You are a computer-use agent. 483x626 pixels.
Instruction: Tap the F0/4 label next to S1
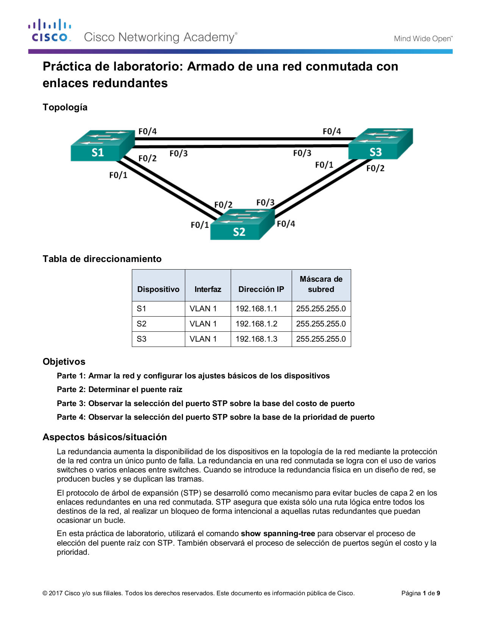pyautogui.click(x=147, y=132)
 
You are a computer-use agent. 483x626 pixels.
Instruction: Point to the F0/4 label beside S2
pyautogui.click(x=286, y=224)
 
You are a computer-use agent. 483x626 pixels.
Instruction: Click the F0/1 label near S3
pyautogui.click(x=324, y=165)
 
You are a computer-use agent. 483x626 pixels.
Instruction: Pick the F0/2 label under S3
pyautogui.click(x=375, y=168)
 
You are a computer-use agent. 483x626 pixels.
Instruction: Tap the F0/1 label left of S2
pyautogui.click(x=200, y=225)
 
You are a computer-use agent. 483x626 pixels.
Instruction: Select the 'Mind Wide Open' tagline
pyautogui.click(x=423, y=39)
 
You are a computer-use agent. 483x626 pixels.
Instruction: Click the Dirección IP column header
pyautogui.click(x=261, y=289)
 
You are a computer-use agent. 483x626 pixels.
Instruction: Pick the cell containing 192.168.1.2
pyautogui.click(x=256, y=324)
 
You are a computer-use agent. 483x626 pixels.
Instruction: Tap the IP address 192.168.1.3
pyautogui.click(x=256, y=339)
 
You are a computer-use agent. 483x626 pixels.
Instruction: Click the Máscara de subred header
pyautogui.click(x=321, y=284)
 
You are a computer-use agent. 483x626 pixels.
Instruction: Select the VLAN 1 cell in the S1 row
pyautogui.click(x=203, y=309)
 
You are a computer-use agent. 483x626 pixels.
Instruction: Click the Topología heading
pyautogui.click(x=65, y=107)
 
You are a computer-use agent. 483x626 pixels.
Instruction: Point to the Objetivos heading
pyautogui.click(x=64, y=362)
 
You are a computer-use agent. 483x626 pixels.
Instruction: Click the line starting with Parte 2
pyautogui.click(x=119, y=389)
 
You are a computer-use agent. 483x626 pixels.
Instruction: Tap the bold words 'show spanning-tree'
pyautogui.click(x=278, y=533)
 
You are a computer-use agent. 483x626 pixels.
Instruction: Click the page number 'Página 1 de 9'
pyautogui.click(x=420, y=593)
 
